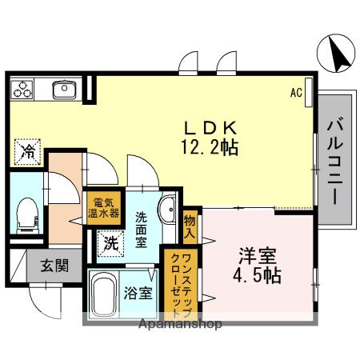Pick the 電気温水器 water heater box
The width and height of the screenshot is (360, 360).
(103, 207)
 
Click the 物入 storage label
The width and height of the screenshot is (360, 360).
(190, 227)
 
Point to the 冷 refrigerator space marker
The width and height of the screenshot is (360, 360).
(27, 150)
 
